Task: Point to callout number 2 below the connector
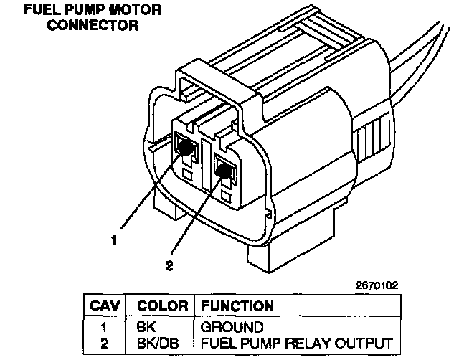(x=169, y=266)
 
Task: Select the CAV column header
(x=105, y=305)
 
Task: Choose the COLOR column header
(x=162, y=305)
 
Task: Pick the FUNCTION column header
(x=238, y=305)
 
